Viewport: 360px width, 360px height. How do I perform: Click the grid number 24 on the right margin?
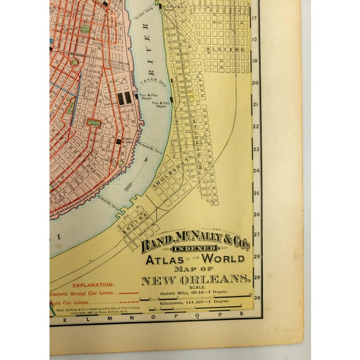coord(255,170)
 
